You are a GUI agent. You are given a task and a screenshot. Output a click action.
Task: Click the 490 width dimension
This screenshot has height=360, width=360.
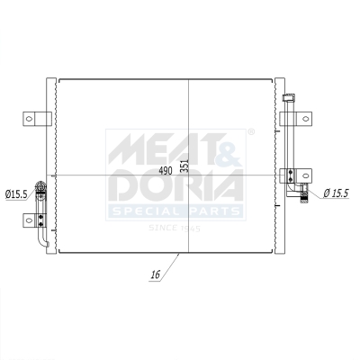coord(166,169)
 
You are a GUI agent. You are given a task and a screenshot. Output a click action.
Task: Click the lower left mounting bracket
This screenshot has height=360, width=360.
coord(39,217)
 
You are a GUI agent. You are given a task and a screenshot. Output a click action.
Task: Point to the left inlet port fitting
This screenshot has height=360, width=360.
coord(40,189)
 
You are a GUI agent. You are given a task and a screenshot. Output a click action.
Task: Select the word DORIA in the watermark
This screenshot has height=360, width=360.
coord(175,185)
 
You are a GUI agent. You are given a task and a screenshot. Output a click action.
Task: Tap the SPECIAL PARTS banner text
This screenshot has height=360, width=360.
coord(175,211)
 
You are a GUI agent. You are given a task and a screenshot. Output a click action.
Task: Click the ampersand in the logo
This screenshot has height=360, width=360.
coord(231,148)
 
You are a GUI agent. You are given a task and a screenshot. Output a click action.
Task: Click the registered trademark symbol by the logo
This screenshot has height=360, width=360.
coord(251,132)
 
